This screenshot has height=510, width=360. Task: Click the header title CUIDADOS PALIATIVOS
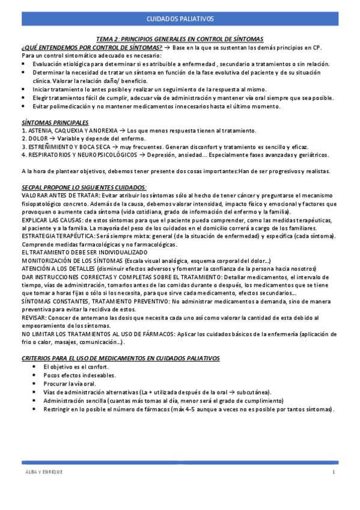180,19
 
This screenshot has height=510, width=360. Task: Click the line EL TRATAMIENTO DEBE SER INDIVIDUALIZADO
87,253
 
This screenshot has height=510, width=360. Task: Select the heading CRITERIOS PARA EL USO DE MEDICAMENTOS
120,358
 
